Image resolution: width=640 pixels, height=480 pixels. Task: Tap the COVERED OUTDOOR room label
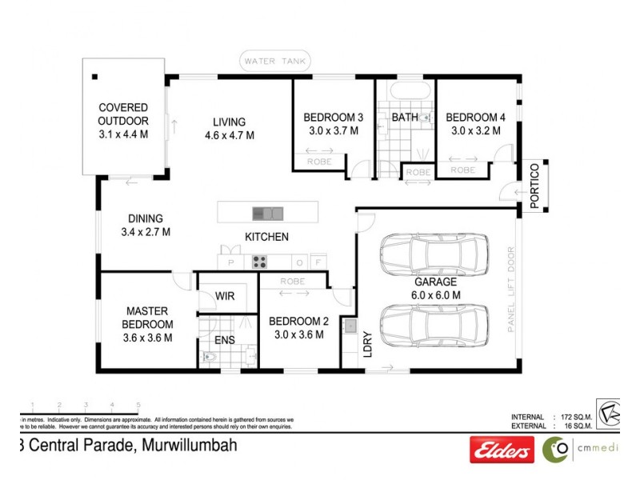click(x=123, y=114)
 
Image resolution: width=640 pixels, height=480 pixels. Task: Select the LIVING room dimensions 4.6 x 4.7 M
click(x=229, y=135)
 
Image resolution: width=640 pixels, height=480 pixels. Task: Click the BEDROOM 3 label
click(x=334, y=117)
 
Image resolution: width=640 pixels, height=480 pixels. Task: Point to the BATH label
click(x=404, y=118)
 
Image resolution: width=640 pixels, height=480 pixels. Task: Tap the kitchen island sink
click(x=267, y=213)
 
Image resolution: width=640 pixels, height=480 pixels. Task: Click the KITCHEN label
click(x=266, y=237)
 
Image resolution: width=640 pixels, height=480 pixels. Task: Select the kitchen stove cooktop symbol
click(x=260, y=261)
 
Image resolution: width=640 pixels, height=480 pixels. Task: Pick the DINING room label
click(x=145, y=218)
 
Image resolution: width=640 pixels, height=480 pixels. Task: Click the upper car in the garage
click(x=434, y=254)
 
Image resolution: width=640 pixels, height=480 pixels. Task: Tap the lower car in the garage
click(x=434, y=325)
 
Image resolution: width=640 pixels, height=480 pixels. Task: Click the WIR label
click(x=225, y=296)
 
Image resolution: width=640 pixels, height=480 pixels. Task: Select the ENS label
click(x=225, y=339)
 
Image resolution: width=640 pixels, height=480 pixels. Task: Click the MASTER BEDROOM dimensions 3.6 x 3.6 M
click(x=147, y=337)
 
